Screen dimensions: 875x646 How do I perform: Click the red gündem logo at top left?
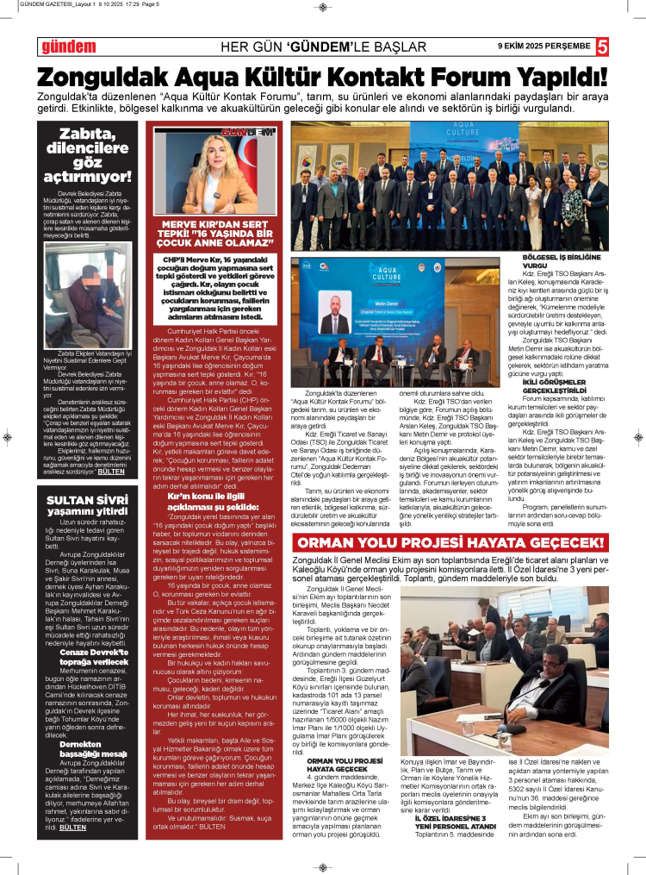66,46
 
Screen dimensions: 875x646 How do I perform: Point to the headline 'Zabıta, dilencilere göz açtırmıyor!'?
94,154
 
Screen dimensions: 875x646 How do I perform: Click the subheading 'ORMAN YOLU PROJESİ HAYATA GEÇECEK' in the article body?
345,766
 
